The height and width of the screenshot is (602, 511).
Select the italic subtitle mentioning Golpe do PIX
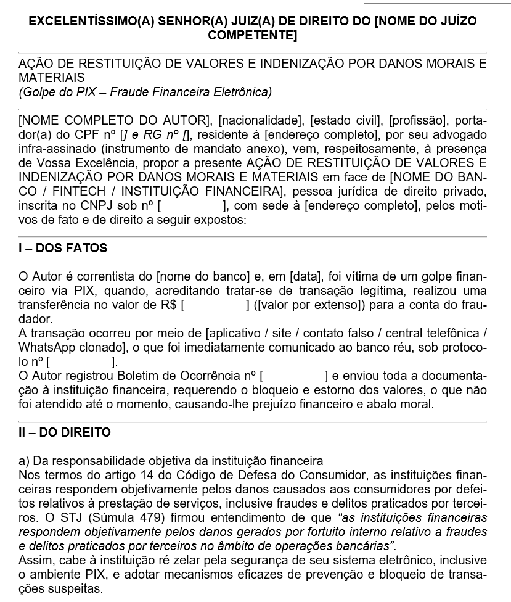145,93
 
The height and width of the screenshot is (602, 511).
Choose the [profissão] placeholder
417,120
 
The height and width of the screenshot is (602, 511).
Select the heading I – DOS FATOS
63,249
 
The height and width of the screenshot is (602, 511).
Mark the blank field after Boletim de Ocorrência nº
294,376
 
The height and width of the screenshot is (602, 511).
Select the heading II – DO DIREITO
65,432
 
